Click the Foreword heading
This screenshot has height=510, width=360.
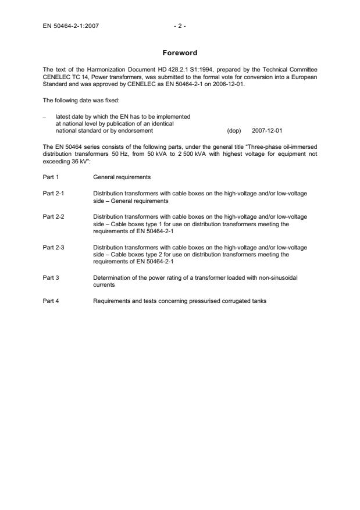point(179,53)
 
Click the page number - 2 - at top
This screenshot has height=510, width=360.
point(179,26)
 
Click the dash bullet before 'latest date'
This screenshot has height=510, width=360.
point(45,116)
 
